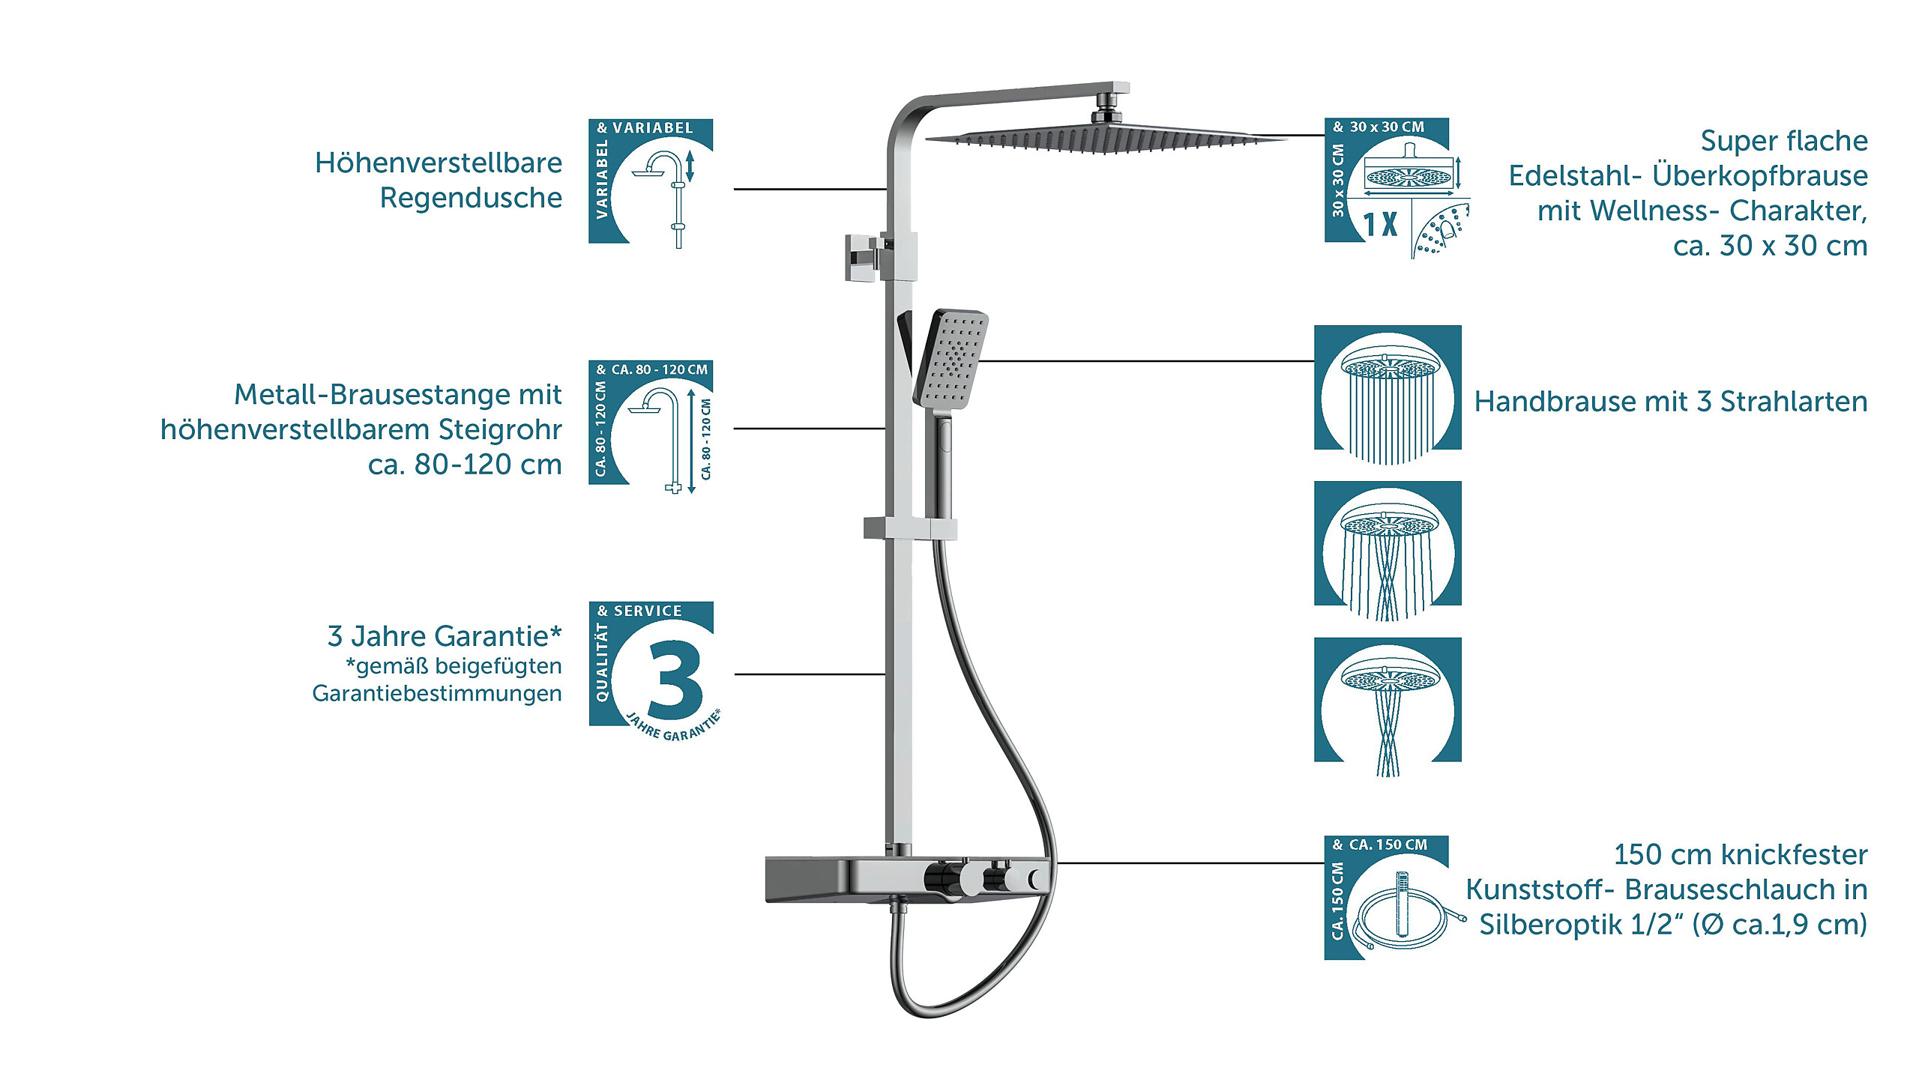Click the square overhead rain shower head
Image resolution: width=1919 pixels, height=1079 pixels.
pyautogui.click(x=1102, y=139)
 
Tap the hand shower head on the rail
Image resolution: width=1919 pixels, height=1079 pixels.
pyautogui.click(x=951, y=358)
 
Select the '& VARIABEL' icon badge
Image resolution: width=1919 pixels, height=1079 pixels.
pyautogui.click(x=651, y=182)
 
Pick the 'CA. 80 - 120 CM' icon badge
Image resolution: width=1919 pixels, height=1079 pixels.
pyautogui.click(x=651, y=424)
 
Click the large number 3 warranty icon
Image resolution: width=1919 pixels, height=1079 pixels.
pyautogui.click(x=673, y=677)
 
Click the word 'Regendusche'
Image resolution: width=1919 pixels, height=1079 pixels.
pyautogui.click(x=471, y=198)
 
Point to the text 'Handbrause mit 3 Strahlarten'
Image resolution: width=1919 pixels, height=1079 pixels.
pyautogui.click(x=1670, y=402)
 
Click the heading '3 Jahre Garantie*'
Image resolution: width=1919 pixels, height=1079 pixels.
pyautogui.click(x=445, y=636)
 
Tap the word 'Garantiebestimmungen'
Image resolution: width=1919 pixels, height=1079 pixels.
pyautogui.click(x=437, y=693)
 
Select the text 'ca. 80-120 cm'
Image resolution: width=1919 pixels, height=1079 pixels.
pyautogui.click(x=465, y=465)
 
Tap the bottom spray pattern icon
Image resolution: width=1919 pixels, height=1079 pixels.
pyautogui.click(x=1388, y=701)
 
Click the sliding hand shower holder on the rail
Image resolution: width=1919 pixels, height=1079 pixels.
pyautogui.click(x=910, y=528)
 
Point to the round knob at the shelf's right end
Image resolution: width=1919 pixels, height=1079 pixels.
pyautogui.click(x=1037, y=879)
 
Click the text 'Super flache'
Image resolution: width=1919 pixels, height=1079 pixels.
pyautogui.click(x=1783, y=141)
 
